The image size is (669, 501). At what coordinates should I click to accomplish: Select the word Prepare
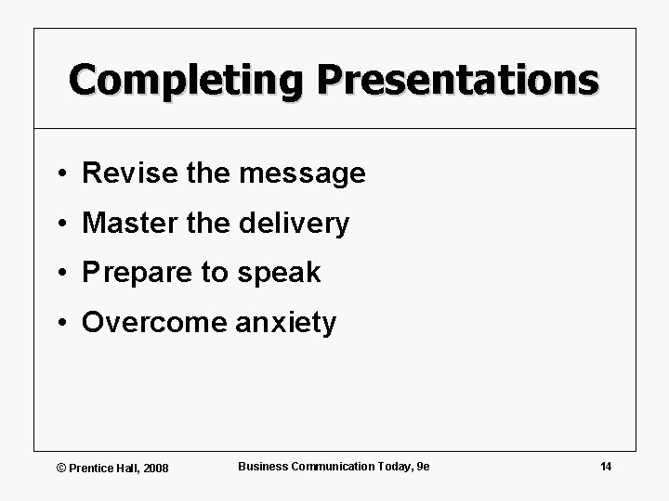click(133, 274)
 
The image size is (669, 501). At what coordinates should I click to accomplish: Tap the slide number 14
click(605, 466)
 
